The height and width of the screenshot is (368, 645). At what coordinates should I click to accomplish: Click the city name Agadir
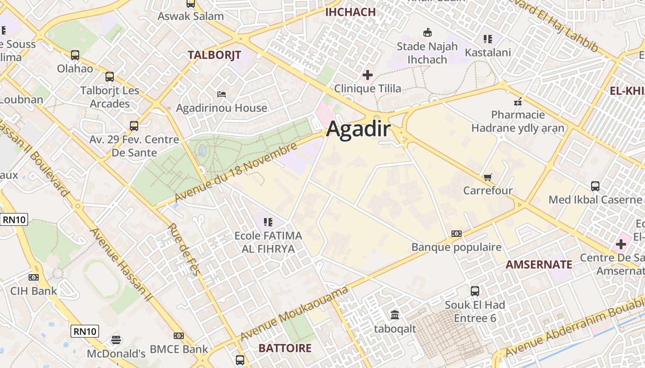[358, 130]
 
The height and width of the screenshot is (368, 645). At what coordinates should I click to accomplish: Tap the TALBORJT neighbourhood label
[214, 55]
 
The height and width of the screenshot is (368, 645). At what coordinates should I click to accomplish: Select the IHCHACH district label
[351, 12]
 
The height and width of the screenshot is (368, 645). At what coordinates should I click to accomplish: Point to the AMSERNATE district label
[539, 264]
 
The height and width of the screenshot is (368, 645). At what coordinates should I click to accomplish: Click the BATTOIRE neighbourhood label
[285, 348]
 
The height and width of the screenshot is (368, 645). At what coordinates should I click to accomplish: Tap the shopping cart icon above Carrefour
[488, 177]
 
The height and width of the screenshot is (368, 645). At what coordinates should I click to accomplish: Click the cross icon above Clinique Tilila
[368, 75]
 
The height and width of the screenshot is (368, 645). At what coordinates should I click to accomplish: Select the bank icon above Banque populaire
[456, 234]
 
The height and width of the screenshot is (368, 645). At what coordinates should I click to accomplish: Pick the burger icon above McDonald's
[116, 340]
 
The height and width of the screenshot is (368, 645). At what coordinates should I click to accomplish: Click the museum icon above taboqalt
[395, 315]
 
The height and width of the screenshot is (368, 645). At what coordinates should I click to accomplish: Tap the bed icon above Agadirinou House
[222, 94]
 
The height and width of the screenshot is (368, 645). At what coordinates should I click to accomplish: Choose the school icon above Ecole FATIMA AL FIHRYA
[268, 222]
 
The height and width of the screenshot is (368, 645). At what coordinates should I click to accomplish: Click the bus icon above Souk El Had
[475, 291]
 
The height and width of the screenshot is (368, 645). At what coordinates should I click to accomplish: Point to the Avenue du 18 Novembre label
[236, 173]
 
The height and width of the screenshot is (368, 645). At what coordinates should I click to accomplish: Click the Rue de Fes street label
[183, 249]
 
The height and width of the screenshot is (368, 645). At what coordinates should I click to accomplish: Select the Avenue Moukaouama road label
[294, 314]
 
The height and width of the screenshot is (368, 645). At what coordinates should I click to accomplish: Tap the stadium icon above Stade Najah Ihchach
[427, 33]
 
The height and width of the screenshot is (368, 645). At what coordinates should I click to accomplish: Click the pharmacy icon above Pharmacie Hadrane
[518, 101]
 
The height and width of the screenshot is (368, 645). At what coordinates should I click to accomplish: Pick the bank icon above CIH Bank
[33, 277]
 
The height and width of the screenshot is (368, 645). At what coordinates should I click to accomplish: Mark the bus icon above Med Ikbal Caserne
[595, 186]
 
